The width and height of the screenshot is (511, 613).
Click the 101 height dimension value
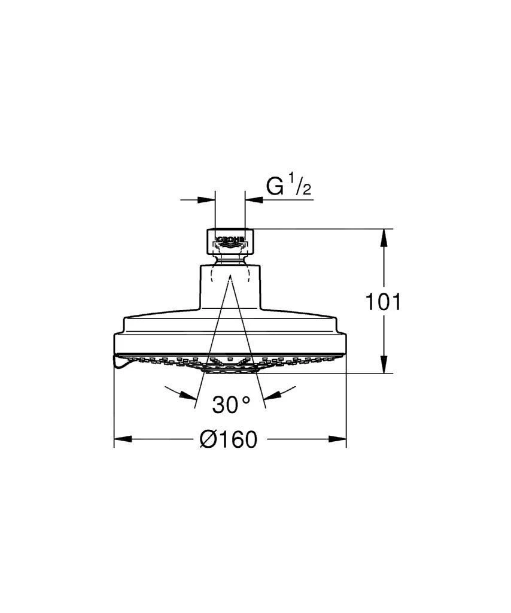(x=383, y=302)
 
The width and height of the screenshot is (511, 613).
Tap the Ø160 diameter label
(x=229, y=439)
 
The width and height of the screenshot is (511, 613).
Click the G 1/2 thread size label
(x=288, y=186)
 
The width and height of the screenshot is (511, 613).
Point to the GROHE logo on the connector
(x=230, y=239)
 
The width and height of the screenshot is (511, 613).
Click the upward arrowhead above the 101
(x=384, y=237)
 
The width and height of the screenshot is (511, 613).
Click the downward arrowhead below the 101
(x=384, y=365)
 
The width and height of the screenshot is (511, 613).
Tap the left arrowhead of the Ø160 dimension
(x=122, y=439)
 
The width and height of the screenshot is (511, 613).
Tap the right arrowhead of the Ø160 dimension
(x=337, y=439)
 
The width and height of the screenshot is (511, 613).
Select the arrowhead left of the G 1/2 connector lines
(x=206, y=200)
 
